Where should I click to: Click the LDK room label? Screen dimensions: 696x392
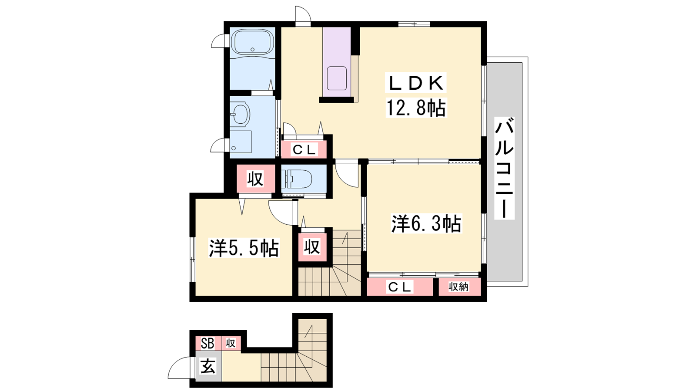click(x=415, y=83)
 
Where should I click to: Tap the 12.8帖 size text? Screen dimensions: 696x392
click(x=416, y=108)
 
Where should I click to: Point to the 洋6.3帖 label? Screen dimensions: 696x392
click(x=426, y=223)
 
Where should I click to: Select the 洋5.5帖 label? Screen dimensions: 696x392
click(x=244, y=248)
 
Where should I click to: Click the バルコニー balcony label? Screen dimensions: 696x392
click(x=504, y=168)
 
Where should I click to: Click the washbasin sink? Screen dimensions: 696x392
click(x=240, y=114)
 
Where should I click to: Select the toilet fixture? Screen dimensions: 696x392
click(x=297, y=179)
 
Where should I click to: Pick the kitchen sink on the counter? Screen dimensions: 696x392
click(x=337, y=78)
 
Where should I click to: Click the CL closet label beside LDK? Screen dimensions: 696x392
click(x=304, y=150)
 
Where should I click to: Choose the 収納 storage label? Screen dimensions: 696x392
click(x=458, y=287)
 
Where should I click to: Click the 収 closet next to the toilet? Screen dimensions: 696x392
click(x=255, y=179)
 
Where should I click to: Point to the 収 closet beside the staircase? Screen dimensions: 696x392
click(x=311, y=247)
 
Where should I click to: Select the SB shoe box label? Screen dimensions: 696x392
click(x=207, y=344)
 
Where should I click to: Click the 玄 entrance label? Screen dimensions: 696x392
click(x=207, y=366)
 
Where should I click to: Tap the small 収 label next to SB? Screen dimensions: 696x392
click(x=231, y=344)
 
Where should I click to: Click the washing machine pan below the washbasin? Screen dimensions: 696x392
click(x=241, y=142)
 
